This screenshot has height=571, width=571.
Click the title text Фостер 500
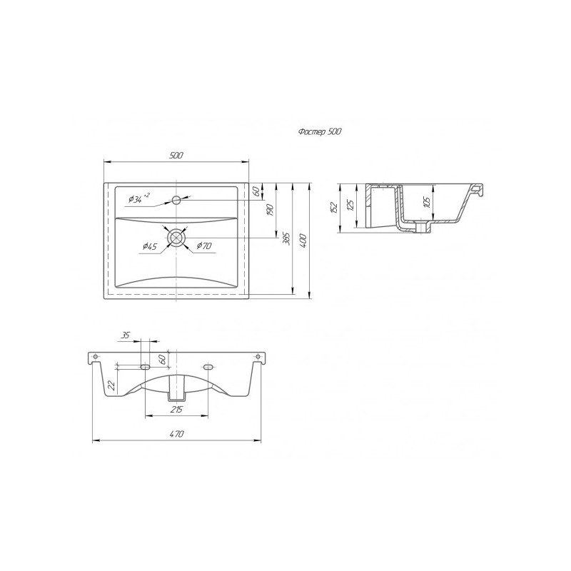[x=320, y=132]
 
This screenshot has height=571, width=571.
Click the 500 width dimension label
[x=176, y=156]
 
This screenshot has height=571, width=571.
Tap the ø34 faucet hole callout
[x=138, y=199]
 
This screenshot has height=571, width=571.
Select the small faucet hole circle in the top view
[x=176, y=200]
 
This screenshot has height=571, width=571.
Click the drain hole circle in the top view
[x=176, y=238]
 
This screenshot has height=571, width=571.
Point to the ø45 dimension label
[x=150, y=246]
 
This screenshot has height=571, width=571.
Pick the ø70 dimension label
[x=204, y=246]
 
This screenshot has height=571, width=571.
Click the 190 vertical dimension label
[x=270, y=211]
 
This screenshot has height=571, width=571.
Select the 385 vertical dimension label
[x=287, y=238]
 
